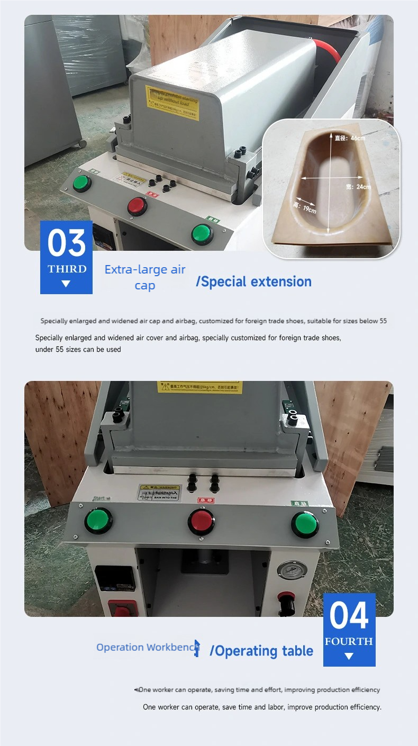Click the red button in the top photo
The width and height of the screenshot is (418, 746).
(137, 206)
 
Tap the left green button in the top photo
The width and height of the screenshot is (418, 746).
(81, 183)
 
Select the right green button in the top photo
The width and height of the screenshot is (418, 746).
(202, 233)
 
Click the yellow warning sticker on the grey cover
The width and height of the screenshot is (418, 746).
(172, 102)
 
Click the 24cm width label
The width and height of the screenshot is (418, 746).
(358, 187)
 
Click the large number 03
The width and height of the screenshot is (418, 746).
(66, 243)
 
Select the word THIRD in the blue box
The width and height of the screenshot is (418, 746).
(67, 269)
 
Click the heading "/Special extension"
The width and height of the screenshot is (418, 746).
(253, 281)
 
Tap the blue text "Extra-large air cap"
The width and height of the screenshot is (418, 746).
(145, 277)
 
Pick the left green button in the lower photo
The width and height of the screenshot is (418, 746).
(98, 521)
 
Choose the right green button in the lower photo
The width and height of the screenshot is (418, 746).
(305, 524)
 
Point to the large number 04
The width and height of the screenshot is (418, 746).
(349, 616)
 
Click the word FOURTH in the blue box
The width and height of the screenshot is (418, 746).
(349, 641)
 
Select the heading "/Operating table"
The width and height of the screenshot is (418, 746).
(261, 651)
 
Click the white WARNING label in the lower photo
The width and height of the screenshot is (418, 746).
(159, 493)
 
